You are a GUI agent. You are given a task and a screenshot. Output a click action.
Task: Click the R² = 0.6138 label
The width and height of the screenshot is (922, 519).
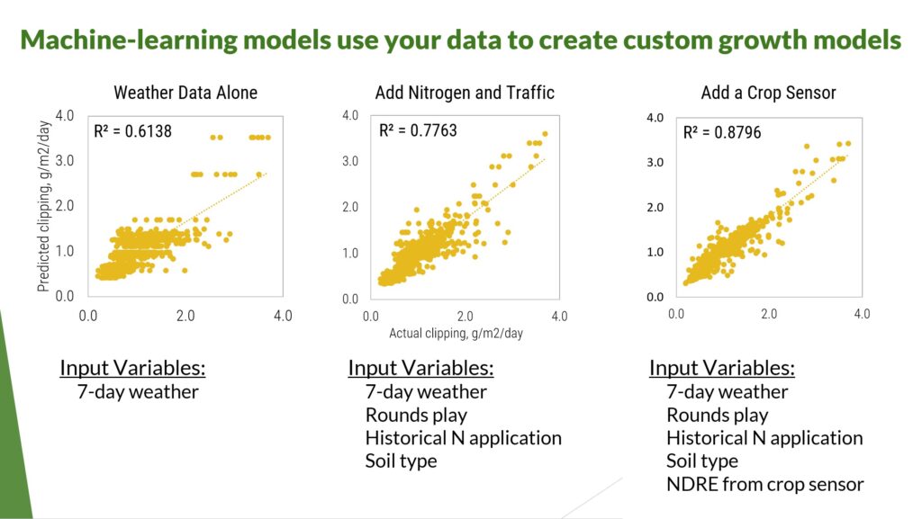(133, 131)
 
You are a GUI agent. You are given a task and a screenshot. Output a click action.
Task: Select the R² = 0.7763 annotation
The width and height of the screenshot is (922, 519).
(418, 130)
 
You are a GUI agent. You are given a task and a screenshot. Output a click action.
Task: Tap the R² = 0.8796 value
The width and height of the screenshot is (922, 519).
(722, 132)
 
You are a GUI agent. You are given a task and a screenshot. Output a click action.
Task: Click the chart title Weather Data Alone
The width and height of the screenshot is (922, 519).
(185, 93)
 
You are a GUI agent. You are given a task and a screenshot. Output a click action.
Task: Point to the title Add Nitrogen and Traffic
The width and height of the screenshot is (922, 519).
(465, 93)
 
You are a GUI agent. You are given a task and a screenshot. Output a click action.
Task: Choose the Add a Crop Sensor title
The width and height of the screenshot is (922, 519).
(769, 93)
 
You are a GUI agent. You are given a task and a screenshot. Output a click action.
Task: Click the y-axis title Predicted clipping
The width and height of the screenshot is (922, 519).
(43, 206)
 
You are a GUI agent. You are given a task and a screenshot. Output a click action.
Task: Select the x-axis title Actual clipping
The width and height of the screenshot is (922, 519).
(456, 334)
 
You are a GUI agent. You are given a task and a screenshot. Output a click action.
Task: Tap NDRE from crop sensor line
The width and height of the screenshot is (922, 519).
(765, 484)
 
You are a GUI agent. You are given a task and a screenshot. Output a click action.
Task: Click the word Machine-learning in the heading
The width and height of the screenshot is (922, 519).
(129, 40)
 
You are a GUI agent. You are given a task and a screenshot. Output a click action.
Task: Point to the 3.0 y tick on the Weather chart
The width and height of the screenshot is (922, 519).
(65, 160)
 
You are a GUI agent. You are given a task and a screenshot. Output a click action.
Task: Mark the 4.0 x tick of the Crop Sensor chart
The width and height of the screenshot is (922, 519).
(862, 314)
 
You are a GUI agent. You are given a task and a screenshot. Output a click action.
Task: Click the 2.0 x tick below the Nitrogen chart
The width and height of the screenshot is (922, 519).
(466, 317)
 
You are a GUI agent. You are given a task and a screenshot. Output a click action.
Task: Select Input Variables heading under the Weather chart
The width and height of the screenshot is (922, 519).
(133, 368)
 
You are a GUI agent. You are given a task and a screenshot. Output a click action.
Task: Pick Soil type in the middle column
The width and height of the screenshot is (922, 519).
(401, 461)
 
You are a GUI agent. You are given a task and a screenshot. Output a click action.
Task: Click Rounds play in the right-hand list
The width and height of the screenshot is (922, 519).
(718, 415)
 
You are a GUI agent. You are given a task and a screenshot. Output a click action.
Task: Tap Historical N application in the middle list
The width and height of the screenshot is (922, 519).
(464, 438)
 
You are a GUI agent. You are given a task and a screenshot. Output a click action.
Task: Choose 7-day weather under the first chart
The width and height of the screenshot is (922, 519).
(138, 391)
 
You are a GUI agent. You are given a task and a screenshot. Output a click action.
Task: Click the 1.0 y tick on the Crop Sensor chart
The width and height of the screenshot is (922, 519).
(655, 252)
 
